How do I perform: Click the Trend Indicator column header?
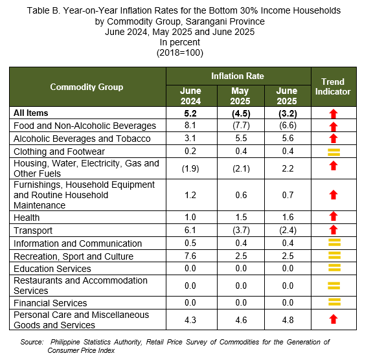tap(333, 87)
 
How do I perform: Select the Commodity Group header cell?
tap(87, 87)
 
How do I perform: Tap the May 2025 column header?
tap(240, 96)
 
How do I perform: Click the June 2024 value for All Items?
tap(190, 113)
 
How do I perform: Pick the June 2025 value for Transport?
tap(288, 231)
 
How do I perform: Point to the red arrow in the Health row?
tap(333, 216)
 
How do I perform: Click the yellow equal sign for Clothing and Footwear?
tap(333, 152)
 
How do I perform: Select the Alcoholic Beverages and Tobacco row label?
tap(82, 139)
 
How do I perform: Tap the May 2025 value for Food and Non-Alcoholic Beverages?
tap(241, 126)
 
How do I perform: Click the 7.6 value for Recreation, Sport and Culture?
tap(190, 256)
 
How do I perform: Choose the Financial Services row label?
tap(51, 303)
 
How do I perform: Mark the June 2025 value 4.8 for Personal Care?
tap(288, 320)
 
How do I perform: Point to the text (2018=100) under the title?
tap(180, 52)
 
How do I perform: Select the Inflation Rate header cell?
tap(238, 76)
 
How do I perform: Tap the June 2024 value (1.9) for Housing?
tap(190, 169)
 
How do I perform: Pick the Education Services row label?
tap(52, 269)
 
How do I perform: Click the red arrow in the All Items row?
tap(333, 114)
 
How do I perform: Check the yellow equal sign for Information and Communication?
tap(334, 243)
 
